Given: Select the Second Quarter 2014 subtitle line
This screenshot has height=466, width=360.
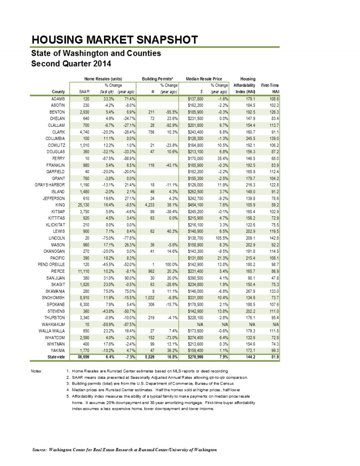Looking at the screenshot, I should tap(70, 63).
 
